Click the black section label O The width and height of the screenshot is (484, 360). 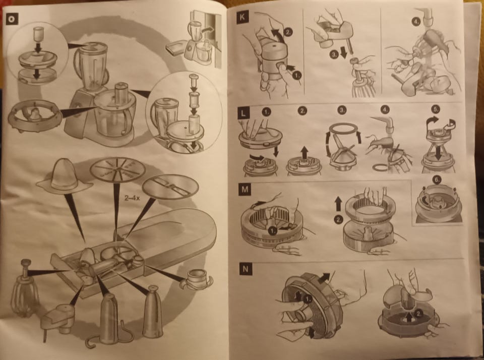click(x=12, y=19)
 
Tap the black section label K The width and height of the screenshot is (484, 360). click(x=243, y=17)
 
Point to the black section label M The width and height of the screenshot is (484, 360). click(x=245, y=189)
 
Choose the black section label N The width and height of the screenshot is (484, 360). click(x=246, y=269)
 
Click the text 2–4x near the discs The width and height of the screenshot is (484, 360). click(x=132, y=198)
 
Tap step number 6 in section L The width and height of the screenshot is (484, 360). click(x=438, y=179)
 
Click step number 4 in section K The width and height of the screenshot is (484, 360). click(x=416, y=22)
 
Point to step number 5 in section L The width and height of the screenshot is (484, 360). click(x=436, y=109)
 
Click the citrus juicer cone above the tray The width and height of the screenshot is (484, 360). click(x=64, y=177)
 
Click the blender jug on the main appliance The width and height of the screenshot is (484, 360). click(x=91, y=66)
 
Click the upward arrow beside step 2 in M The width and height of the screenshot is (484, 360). click(x=338, y=204)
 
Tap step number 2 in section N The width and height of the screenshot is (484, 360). click(x=418, y=314)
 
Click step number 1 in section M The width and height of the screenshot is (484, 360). click(x=272, y=230)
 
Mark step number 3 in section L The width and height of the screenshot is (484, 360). click(x=341, y=110)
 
